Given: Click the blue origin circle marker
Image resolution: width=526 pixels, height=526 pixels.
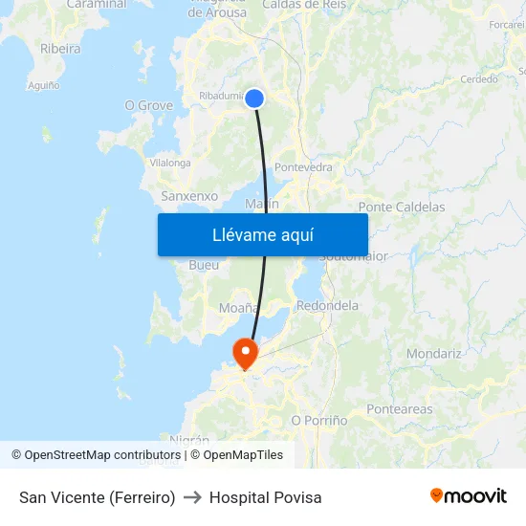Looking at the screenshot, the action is (x=254, y=98).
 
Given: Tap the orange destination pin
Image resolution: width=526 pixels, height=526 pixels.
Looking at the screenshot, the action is (x=246, y=353).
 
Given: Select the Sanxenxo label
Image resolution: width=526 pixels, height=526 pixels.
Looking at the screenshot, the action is (x=189, y=196).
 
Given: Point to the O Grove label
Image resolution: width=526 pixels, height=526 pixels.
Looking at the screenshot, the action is (x=149, y=105).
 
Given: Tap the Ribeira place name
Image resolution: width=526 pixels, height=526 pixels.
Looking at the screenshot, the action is (x=60, y=49).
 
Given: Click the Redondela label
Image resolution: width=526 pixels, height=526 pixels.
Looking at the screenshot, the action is (x=327, y=306).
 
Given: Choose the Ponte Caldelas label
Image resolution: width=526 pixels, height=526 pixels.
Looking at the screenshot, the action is (x=401, y=207).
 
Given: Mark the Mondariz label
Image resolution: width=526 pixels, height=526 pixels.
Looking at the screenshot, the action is (x=433, y=354).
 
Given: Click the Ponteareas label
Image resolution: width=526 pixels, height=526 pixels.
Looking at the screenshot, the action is (x=400, y=409).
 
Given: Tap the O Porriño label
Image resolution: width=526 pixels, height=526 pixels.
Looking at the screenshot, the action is (x=318, y=420).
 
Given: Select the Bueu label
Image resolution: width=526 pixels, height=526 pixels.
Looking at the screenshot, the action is (x=204, y=265).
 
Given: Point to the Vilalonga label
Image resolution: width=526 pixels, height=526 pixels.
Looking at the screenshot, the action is (x=170, y=163).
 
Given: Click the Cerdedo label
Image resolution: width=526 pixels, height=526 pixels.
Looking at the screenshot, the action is (x=479, y=79).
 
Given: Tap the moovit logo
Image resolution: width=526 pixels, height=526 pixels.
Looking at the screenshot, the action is (x=468, y=495).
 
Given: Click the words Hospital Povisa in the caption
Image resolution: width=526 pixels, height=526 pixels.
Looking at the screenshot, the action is (x=266, y=497).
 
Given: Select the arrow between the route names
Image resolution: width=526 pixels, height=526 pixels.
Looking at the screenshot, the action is (x=192, y=497).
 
